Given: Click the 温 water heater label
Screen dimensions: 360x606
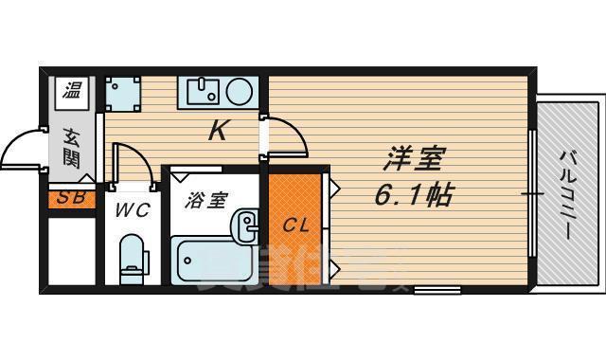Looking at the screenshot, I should tap(72, 91).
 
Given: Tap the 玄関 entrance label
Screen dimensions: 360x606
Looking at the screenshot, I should tap(71, 147).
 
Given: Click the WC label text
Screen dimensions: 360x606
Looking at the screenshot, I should tap(132, 210).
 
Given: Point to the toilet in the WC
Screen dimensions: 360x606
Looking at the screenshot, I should tap(132, 258).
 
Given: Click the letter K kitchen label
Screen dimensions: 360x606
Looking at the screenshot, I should tap(217, 132).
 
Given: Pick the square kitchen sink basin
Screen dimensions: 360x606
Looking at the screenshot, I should tap(202, 91).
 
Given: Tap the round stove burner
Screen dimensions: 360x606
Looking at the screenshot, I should tap(239, 91).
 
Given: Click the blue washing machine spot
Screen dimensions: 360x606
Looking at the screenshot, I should tap(121, 93).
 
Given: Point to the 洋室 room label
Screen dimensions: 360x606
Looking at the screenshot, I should tap(415, 157).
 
